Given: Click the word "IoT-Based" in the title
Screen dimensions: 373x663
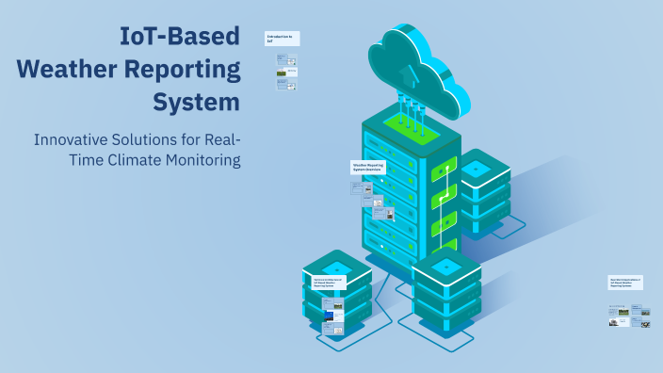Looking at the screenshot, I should click(x=179, y=38).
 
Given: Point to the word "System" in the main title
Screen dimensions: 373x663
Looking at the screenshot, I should click(x=197, y=101).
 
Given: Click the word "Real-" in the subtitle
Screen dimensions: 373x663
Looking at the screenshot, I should click(x=217, y=139).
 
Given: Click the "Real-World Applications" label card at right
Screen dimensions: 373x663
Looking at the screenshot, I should click(x=626, y=282).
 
